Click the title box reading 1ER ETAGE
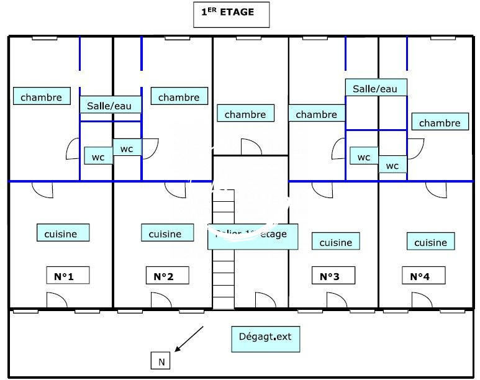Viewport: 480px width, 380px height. click(x=232, y=14)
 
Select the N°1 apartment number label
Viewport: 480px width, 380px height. click(x=68, y=276)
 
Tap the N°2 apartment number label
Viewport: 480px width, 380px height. click(x=167, y=276)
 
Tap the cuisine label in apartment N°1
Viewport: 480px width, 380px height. click(x=61, y=233)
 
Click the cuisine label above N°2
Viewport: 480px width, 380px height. click(x=165, y=233)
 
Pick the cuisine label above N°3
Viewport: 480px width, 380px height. click(x=335, y=242)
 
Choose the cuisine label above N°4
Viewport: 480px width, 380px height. click(x=430, y=242)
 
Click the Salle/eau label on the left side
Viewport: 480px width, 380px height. click(x=111, y=105)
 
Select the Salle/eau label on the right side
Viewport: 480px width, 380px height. click(x=375, y=88)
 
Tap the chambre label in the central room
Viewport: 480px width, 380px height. click(x=245, y=114)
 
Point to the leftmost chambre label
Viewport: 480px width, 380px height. click(x=41, y=97)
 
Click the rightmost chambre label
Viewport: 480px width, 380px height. click(x=440, y=122)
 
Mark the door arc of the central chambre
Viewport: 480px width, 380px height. click(x=251, y=148)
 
